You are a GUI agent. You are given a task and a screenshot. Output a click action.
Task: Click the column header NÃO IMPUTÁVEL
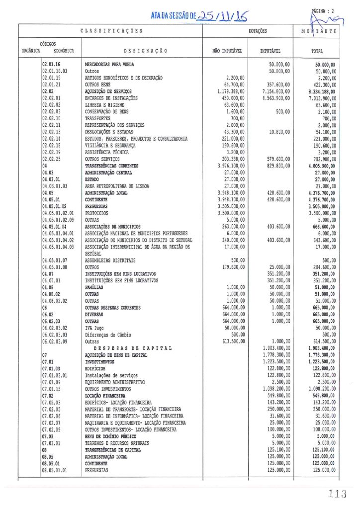pyautogui.click(x=227, y=51)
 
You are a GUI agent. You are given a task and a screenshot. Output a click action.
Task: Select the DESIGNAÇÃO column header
pyautogui.click(x=142, y=51)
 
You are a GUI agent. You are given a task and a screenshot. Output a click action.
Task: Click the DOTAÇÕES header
pyautogui.click(x=258, y=31)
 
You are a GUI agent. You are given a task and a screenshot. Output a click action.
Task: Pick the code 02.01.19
pyautogui.click(x=51, y=78)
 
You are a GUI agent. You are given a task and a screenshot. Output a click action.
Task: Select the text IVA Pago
pyautogui.click(x=96, y=328)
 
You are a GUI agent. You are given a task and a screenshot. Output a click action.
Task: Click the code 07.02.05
pyautogui.click(x=52, y=409)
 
